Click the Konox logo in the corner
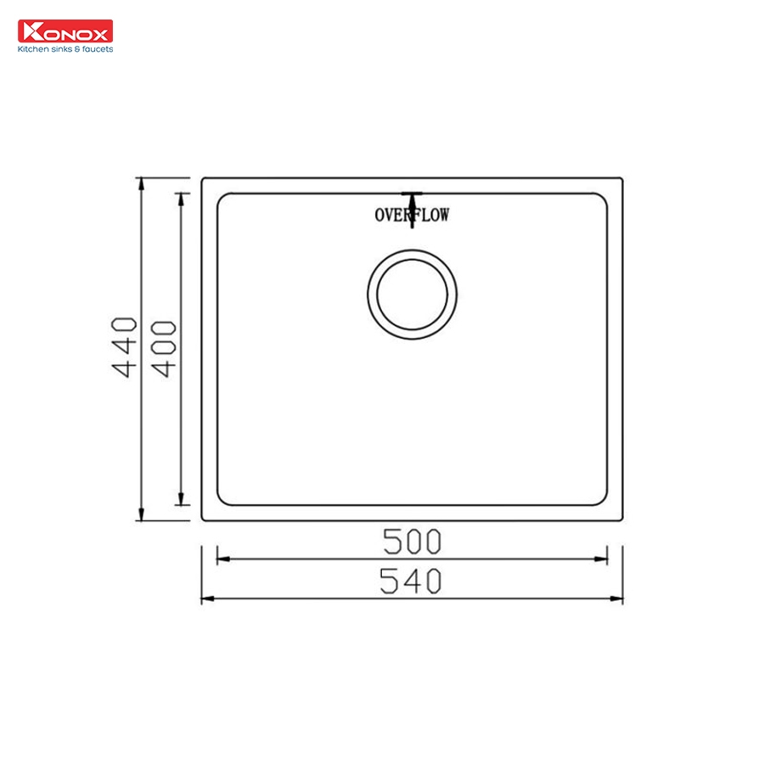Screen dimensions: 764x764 [x=65, y=31]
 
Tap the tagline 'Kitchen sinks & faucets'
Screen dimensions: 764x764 [x=65, y=49]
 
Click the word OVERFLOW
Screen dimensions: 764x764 [x=412, y=215]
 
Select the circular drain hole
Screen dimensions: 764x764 [x=412, y=295]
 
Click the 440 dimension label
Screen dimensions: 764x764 [x=125, y=347]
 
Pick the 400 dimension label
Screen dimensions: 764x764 [x=164, y=348]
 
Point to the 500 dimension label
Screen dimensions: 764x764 [x=412, y=540]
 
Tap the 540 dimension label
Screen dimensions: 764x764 [x=412, y=581]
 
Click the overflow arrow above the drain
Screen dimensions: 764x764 [x=412, y=204]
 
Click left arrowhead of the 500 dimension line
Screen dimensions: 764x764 [x=223, y=559]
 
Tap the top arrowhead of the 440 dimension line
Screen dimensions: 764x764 [x=141, y=184]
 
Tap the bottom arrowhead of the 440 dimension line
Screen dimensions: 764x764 [x=141, y=514]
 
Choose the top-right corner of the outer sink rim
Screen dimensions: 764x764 [x=621, y=179]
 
